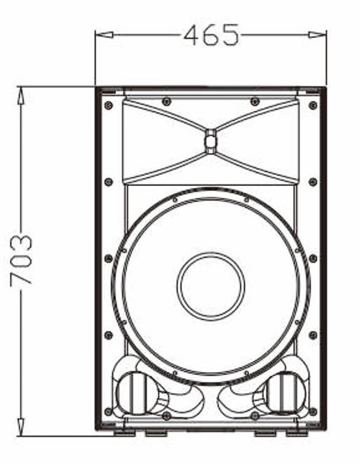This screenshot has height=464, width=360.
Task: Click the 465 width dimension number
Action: pyautogui.click(x=211, y=34)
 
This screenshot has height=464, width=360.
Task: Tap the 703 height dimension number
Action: pyautogui.click(x=22, y=260)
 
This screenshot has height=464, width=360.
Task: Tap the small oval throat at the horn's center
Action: pyautogui.click(x=211, y=141)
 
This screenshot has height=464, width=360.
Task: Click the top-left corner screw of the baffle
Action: pyautogui.click(x=108, y=106)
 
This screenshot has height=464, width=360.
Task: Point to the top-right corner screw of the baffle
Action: pyautogui.click(x=313, y=106)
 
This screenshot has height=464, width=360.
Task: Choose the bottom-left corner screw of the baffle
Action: pyautogui.click(x=108, y=411)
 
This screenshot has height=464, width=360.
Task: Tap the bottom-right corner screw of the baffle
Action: pyautogui.click(x=313, y=411)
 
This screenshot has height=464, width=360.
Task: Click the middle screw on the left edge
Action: pyautogui.click(x=108, y=258)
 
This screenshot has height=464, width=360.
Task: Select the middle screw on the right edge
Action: pyautogui.click(x=313, y=258)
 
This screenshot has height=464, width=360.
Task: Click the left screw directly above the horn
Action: pyautogui.click(x=166, y=102)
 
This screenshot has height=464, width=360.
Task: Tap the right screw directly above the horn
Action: pyautogui.click(x=255, y=102)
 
